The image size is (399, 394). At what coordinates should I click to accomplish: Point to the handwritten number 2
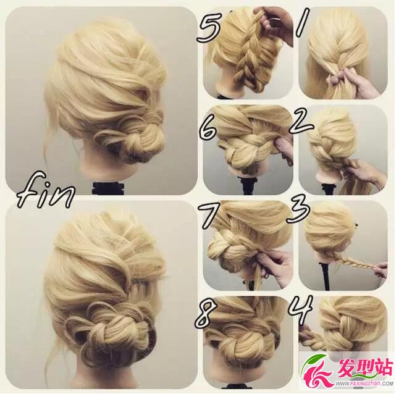(x=300, y=124)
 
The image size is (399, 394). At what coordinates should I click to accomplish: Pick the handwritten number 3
(x=298, y=213)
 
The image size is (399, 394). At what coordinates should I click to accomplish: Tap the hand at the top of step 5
(x=277, y=24)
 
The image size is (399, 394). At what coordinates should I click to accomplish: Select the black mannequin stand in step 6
(x=248, y=185)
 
